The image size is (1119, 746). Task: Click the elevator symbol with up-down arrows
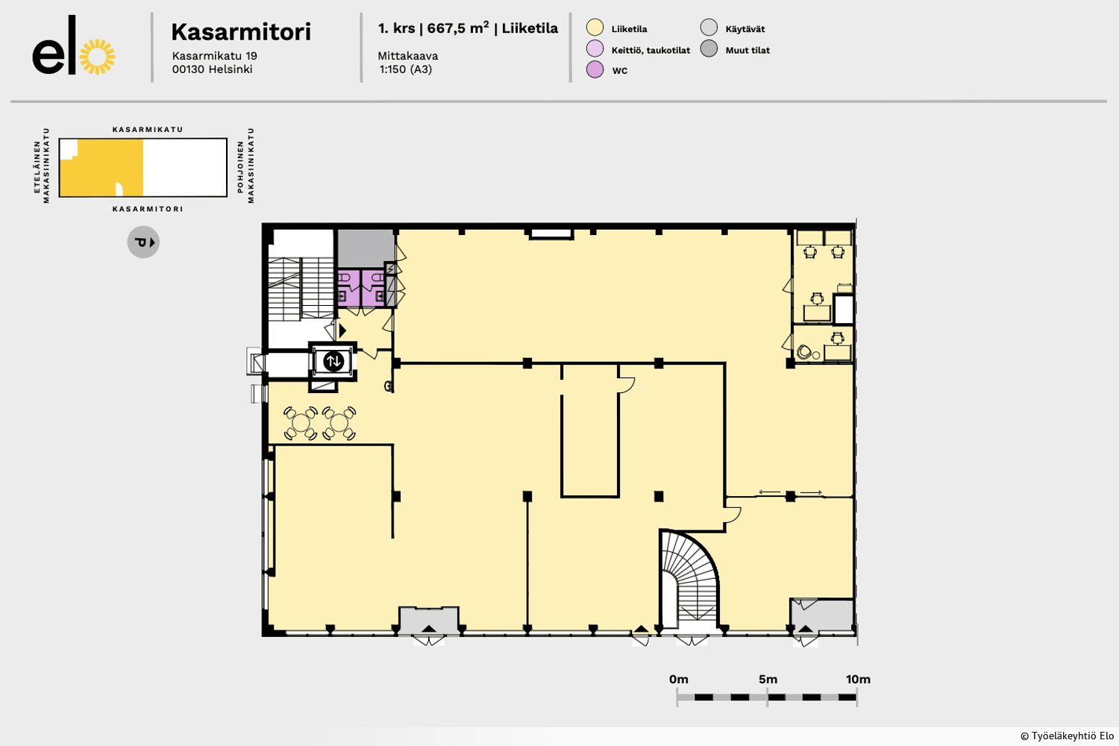point(333,361)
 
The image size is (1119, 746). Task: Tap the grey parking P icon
point(143,242)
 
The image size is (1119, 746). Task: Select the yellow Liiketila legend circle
point(595,28)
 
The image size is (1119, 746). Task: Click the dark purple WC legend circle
point(595,69)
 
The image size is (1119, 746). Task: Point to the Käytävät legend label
point(745,29)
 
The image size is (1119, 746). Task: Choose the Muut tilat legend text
point(747,50)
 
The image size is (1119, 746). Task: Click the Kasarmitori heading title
point(241,32)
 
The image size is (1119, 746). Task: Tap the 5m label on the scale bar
point(768,680)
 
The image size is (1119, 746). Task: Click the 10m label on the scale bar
point(858,680)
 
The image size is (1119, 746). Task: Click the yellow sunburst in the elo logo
point(98,57)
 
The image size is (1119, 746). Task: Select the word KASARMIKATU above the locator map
point(148,129)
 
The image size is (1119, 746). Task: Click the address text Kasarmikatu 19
point(214,56)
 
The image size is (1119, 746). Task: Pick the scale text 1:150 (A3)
point(406,69)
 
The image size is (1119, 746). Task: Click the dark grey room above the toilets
point(366,248)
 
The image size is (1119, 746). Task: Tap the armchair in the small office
point(803,352)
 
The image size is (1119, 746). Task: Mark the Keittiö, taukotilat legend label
point(651,50)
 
